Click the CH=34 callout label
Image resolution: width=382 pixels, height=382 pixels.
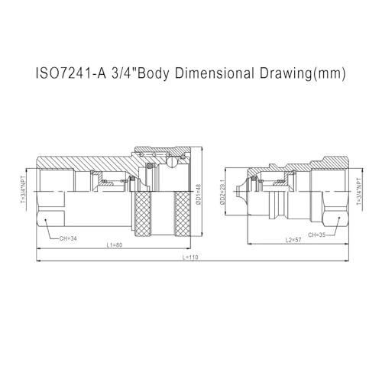point(68,238)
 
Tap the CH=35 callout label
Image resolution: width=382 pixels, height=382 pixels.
point(316,235)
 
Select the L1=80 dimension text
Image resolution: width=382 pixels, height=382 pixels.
point(115,245)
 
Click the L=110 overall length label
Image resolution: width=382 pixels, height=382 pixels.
point(190,257)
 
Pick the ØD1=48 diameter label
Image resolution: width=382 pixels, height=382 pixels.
point(199,194)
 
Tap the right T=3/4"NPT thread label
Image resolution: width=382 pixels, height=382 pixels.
point(359,191)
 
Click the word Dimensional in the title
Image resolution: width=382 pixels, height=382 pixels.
point(215,73)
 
